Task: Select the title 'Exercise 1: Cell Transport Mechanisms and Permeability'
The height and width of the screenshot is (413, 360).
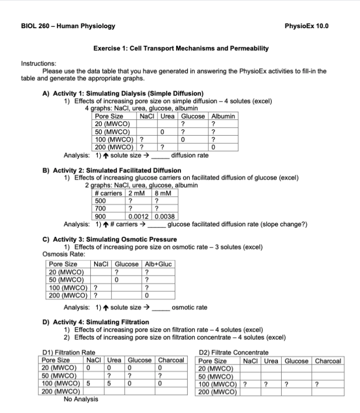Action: pos(180,48)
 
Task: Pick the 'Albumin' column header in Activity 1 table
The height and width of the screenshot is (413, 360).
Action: pos(223,116)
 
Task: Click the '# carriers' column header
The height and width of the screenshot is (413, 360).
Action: pos(107,193)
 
